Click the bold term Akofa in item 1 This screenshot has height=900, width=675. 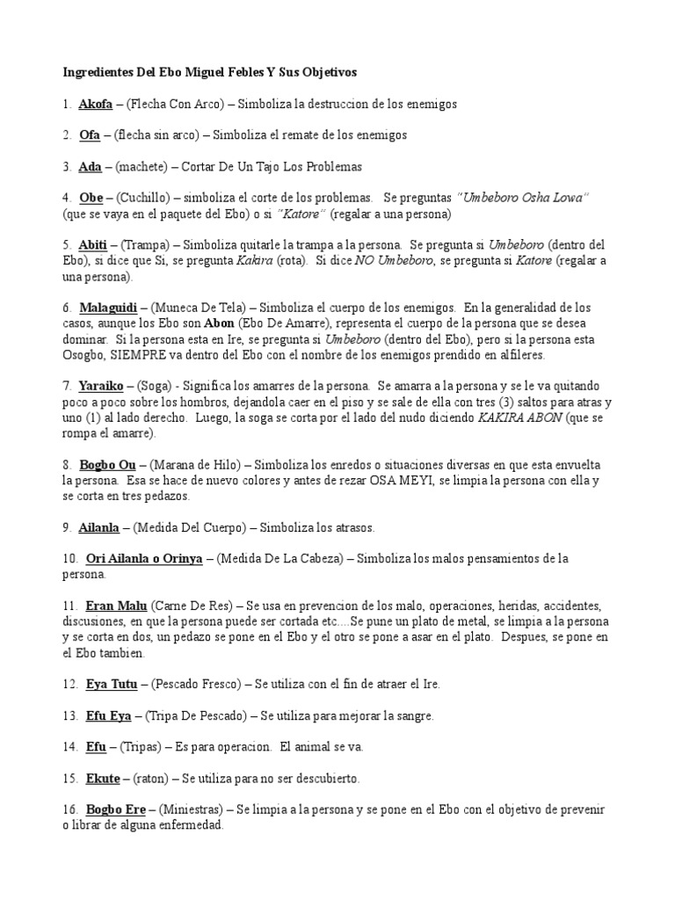point(95,105)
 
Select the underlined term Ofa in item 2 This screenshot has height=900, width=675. point(90,135)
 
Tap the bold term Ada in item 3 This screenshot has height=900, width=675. point(90,166)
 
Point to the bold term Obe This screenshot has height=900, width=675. point(91,198)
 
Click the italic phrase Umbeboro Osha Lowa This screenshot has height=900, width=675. point(523,198)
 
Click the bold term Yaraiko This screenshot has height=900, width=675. point(100,386)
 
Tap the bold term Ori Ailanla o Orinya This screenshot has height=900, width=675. point(144,558)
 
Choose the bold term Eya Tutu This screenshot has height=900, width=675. point(105,684)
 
